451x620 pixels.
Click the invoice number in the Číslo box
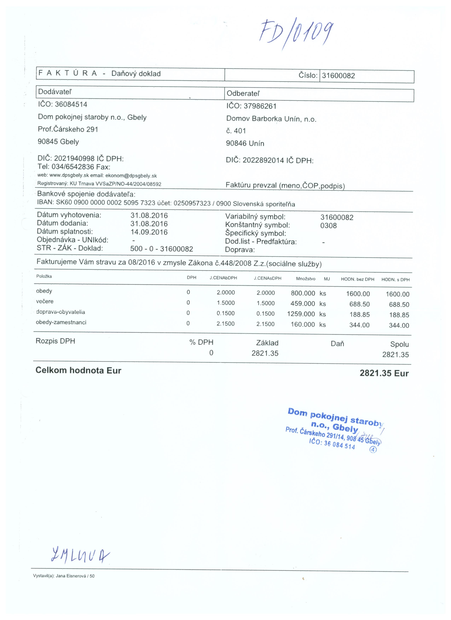pyautogui.click(x=338, y=76)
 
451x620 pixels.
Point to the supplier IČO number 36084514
pyautogui.click(x=71, y=104)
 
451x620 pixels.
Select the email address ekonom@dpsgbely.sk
pyautogui.click(x=131, y=176)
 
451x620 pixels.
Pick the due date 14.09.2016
pyautogui.click(x=149, y=232)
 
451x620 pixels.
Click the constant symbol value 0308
pyautogui.click(x=328, y=226)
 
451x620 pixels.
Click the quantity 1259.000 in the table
pyautogui.click(x=301, y=314)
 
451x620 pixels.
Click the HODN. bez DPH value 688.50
pyautogui.click(x=359, y=304)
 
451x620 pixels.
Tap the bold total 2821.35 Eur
pyautogui.click(x=384, y=373)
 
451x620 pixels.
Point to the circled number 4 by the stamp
pyautogui.click(x=373, y=450)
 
